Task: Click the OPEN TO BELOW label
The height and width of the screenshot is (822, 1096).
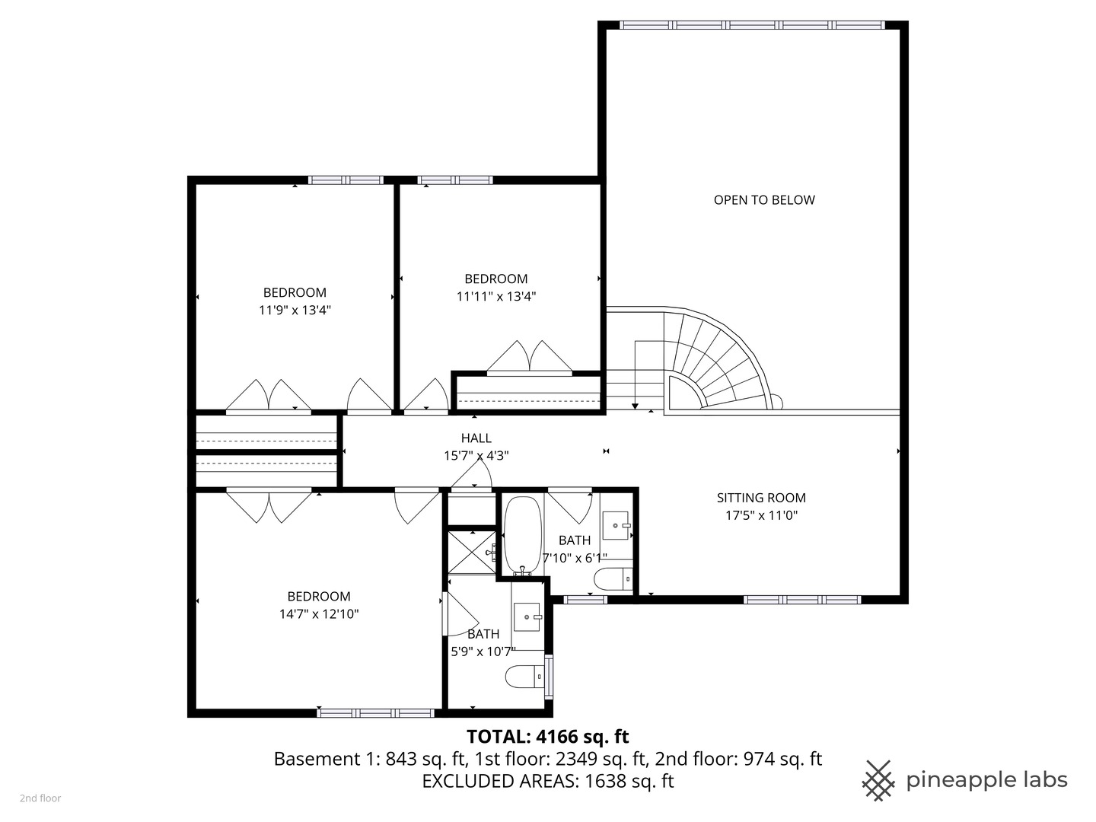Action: pos(763,200)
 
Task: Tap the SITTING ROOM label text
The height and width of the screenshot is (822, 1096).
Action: pos(760,498)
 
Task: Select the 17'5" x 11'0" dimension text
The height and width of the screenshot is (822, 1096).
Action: pos(760,515)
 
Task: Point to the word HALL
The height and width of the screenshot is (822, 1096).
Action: pos(476,438)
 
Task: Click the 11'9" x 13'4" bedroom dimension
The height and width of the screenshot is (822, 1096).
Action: pos(295,310)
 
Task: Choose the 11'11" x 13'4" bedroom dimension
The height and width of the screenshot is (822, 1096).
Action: pos(496,296)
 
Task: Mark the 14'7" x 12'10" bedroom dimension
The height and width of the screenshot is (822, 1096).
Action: pos(319,613)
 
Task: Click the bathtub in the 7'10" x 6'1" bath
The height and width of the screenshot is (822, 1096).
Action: pos(522,534)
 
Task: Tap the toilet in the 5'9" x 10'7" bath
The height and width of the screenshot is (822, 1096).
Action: pos(524,676)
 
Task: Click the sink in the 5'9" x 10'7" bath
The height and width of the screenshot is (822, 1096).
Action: pos(527,616)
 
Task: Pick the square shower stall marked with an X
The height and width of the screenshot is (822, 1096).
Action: pos(470,553)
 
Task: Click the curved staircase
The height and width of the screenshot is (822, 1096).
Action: pos(708,358)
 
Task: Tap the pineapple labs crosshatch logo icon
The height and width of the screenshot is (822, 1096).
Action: pos(878,780)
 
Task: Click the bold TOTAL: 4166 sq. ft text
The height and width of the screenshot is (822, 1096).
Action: pos(547,736)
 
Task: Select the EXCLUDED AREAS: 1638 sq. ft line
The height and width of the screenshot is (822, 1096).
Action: pos(547,781)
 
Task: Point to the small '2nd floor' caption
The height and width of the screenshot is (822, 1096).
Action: pos(40,798)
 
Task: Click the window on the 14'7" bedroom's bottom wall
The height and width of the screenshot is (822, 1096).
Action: pos(375,713)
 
